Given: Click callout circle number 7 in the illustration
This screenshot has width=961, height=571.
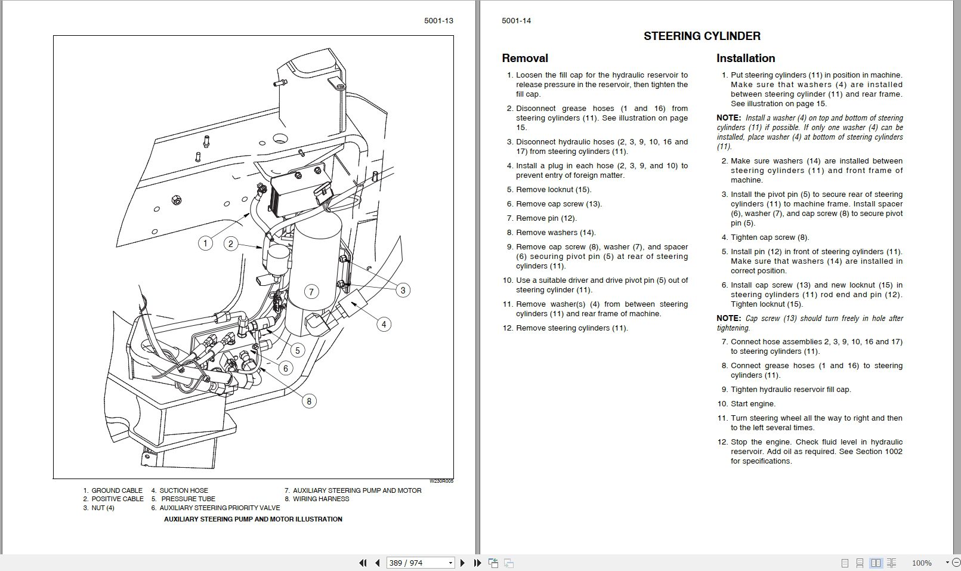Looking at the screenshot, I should (x=311, y=292).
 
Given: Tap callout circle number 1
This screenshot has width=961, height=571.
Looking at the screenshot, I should (x=205, y=243).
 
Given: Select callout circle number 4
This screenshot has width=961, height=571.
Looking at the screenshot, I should (x=384, y=325).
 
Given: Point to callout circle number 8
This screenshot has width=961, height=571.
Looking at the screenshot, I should (x=308, y=401).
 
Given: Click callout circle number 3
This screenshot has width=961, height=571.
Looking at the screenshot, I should (x=403, y=291).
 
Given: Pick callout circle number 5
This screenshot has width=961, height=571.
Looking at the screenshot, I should (x=297, y=350).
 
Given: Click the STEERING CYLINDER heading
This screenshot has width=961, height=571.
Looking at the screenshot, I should (x=702, y=36).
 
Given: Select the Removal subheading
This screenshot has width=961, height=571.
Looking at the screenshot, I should (x=524, y=58).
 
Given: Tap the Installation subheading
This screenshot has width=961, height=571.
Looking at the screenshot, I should (x=745, y=58).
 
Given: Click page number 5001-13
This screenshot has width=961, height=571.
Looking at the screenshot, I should (x=438, y=21).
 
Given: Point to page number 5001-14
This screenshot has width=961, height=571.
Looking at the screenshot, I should (x=516, y=21).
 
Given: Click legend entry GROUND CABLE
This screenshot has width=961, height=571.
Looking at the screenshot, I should (x=116, y=490).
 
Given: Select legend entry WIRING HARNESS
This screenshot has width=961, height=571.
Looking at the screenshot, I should (x=320, y=499).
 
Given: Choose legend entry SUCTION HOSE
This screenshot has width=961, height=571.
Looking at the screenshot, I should (x=183, y=490).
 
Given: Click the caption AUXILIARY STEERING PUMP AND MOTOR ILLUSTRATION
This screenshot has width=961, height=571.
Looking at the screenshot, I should (x=253, y=519).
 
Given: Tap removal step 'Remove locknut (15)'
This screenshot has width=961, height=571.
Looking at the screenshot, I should (x=553, y=190).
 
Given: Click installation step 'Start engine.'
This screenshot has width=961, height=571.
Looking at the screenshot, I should (x=753, y=404).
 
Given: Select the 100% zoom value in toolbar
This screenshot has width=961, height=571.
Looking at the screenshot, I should (x=921, y=563).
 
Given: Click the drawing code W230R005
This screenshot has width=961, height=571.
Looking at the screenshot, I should (x=441, y=481).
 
